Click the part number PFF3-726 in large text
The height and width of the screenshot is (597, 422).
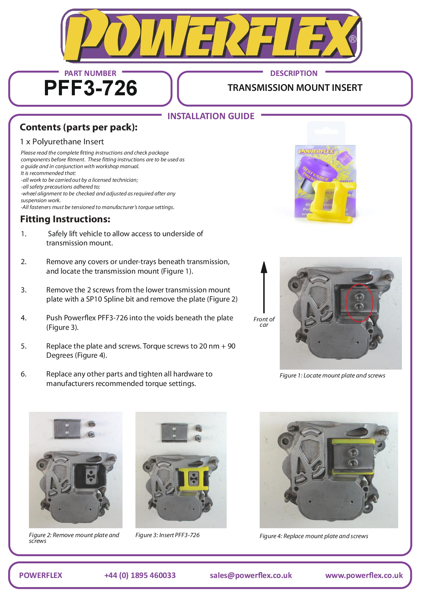click(x=91, y=88)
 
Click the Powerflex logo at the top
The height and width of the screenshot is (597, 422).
click(x=211, y=36)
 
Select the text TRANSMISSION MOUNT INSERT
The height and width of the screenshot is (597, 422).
click(x=295, y=88)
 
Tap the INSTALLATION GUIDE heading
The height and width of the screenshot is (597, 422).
click(x=211, y=116)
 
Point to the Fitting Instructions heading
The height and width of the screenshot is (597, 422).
click(x=65, y=219)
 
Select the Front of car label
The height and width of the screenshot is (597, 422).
click(x=264, y=322)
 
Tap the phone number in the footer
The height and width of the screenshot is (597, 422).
click(x=140, y=575)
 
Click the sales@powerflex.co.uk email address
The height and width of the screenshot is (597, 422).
click(x=251, y=575)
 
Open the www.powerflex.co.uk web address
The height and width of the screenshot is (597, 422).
click(x=364, y=575)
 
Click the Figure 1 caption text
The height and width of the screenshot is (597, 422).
click(x=332, y=375)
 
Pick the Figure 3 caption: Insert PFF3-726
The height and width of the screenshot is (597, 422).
click(x=167, y=535)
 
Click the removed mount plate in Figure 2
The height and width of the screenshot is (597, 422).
click(x=67, y=429)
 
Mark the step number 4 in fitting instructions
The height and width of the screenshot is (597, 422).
click(x=23, y=318)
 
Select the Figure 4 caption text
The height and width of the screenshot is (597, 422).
click(x=313, y=536)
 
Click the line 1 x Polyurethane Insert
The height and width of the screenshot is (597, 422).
click(x=62, y=142)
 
